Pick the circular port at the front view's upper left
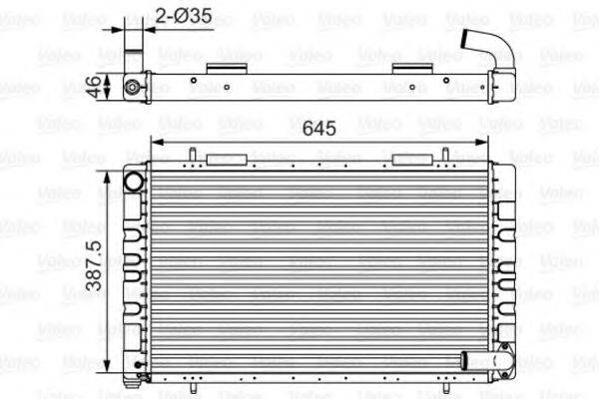[x=133, y=181]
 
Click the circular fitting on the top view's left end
[x=132, y=87]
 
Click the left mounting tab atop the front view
[x=222, y=159]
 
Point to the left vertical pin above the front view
[x=190, y=154]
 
